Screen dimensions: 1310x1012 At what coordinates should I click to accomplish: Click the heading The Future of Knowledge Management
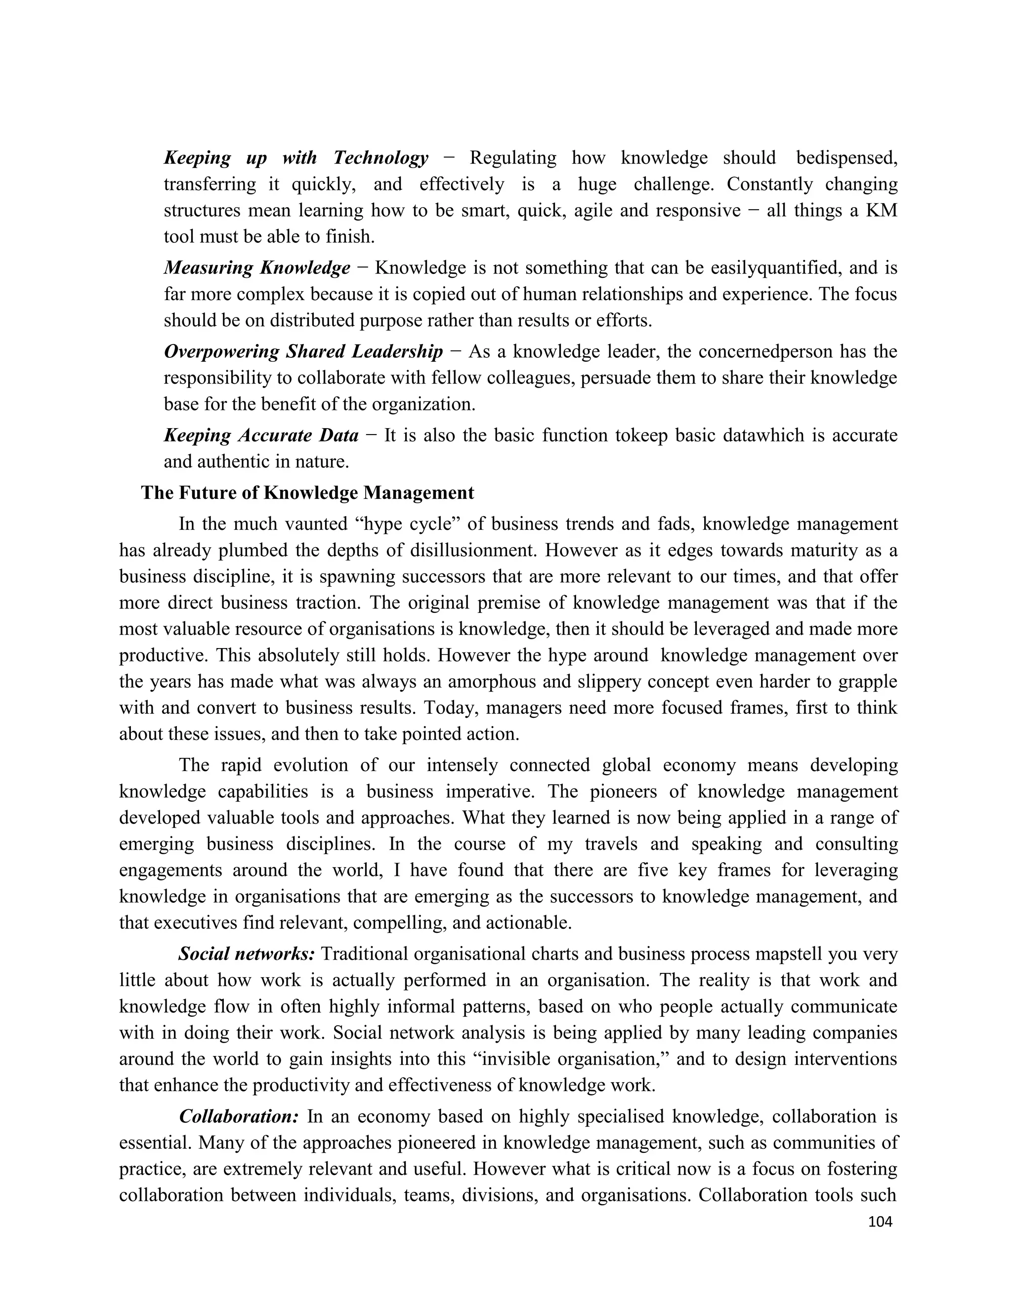coord(307,493)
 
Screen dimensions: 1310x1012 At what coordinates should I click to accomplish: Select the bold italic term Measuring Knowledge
coord(257,267)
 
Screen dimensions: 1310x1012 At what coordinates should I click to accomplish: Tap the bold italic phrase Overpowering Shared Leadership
coord(303,351)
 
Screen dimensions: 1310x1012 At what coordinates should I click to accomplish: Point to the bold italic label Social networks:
coord(247,954)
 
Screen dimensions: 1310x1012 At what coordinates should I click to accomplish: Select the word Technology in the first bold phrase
coord(380,158)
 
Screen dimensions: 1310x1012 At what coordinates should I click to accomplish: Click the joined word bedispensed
coord(846,158)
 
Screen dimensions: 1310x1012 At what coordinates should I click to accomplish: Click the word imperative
coord(489,792)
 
